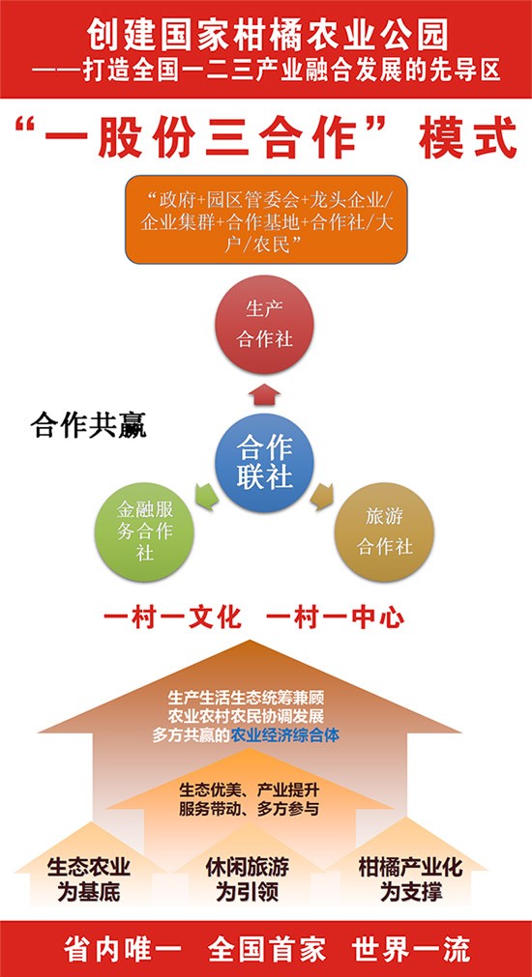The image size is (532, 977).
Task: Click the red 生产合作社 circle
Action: click(x=264, y=325)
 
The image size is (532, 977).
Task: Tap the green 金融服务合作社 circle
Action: click(x=145, y=532)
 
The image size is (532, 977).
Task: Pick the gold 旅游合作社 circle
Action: click(x=384, y=532)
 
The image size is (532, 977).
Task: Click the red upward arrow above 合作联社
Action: click(x=264, y=394)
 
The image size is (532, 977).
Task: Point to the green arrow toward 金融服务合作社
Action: click(x=207, y=497)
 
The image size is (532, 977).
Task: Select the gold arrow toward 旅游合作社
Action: click(x=322, y=497)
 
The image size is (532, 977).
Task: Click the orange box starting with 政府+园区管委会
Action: click(x=266, y=219)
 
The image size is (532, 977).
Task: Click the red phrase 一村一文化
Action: click(x=172, y=618)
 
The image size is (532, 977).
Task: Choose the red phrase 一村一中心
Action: click(x=336, y=618)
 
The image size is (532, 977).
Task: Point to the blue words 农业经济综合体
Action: click(x=285, y=735)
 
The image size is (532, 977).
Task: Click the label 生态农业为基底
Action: click(x=89, y=879)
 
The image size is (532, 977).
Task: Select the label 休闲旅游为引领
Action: click(x=248, y=879)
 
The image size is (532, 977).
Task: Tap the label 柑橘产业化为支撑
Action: click(x=411, y=879)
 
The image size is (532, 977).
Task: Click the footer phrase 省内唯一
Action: click(x=122, y=950)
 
